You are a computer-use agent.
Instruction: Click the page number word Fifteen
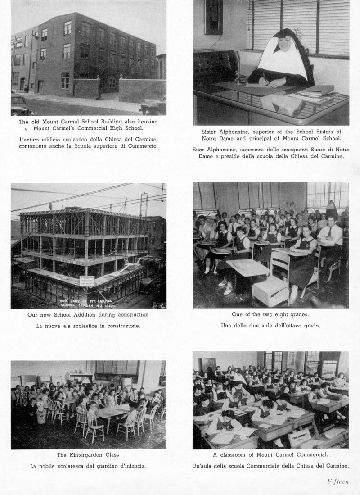[337, 481]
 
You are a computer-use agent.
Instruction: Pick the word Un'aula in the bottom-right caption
[203, 466]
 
